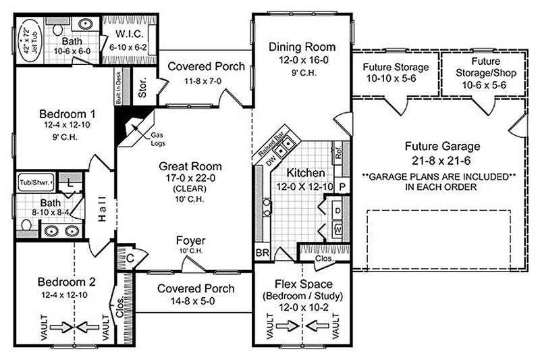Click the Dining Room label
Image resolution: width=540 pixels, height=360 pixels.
[x=302, y=47]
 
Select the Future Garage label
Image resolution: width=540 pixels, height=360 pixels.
[x=442, y=146]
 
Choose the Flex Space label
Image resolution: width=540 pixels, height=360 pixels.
[x=302, y=283]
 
